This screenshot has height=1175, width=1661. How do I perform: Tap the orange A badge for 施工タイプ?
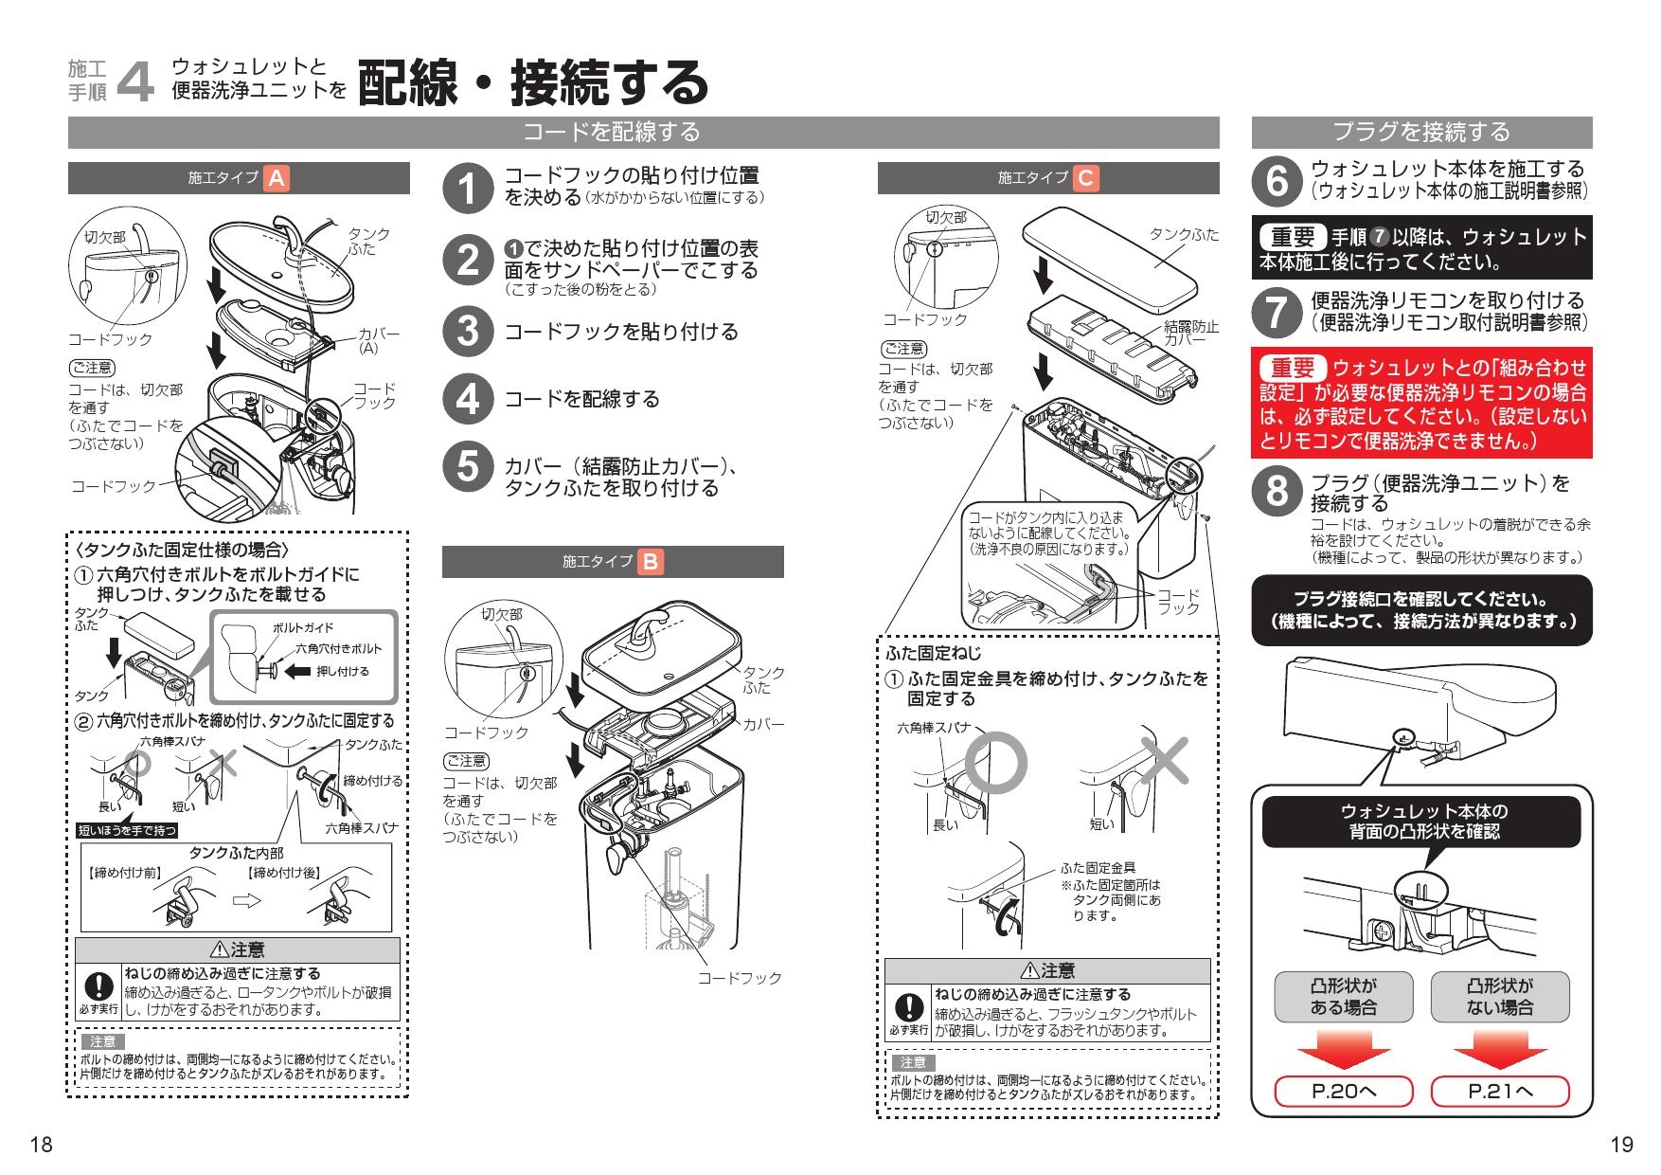(x=277, y=178)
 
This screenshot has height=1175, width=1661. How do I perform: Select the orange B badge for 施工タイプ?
(x=651, y=562)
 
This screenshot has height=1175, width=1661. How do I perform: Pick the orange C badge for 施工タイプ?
(x=1085, y=178)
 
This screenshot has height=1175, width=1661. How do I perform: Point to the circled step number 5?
(x=468, y=467)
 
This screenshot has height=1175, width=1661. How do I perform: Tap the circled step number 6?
(x=1277, y=180)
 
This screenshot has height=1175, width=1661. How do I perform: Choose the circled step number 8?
(x=1277, y=492)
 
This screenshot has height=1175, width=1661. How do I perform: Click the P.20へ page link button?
(x=1344, y=1092)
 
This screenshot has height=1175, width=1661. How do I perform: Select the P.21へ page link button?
(x=1500, y=1092)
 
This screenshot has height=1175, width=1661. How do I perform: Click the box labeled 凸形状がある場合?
(x=1344, y=996)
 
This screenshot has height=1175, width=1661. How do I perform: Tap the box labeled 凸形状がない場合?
(x=1500, y=996)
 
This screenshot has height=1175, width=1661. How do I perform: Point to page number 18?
(x=41, y=1145)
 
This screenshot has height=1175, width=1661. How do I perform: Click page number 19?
(x=1621, y=1145)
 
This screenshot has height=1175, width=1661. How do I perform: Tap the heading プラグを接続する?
(x=1421, y=132)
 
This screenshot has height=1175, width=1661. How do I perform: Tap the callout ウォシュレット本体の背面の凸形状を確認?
(x=1421, y=822)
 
